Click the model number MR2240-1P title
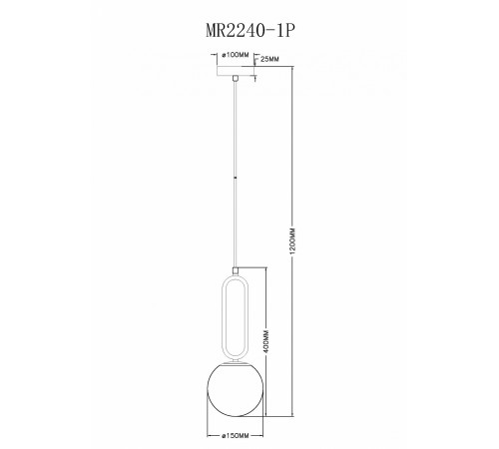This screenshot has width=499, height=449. (x=249, y=31)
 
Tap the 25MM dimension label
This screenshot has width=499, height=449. (x=269, y=60)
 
